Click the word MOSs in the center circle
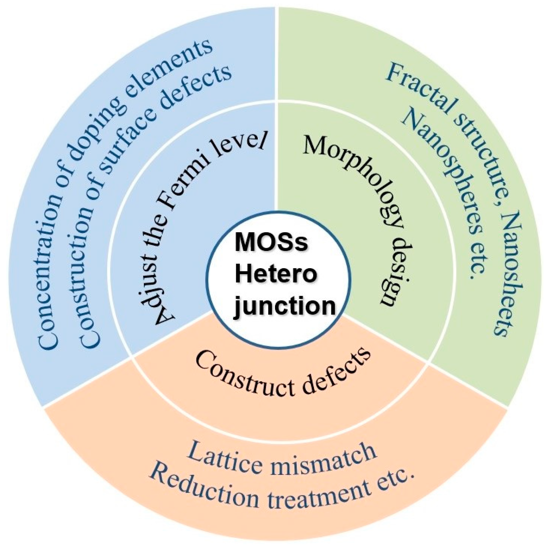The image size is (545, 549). [271, 242]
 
